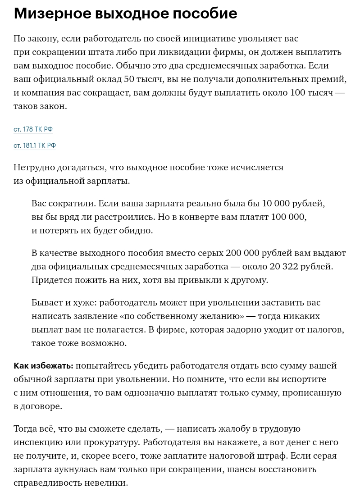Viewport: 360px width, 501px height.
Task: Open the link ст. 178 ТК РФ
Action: (33, 129)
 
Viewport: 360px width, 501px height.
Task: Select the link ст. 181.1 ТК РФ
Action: (35, 146)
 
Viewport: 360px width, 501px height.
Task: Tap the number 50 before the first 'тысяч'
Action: (129, 79)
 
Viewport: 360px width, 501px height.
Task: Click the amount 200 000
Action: (242, 253)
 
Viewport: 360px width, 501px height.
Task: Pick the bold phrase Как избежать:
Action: (43, 366)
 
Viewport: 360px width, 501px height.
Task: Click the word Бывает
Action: (47, 302)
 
